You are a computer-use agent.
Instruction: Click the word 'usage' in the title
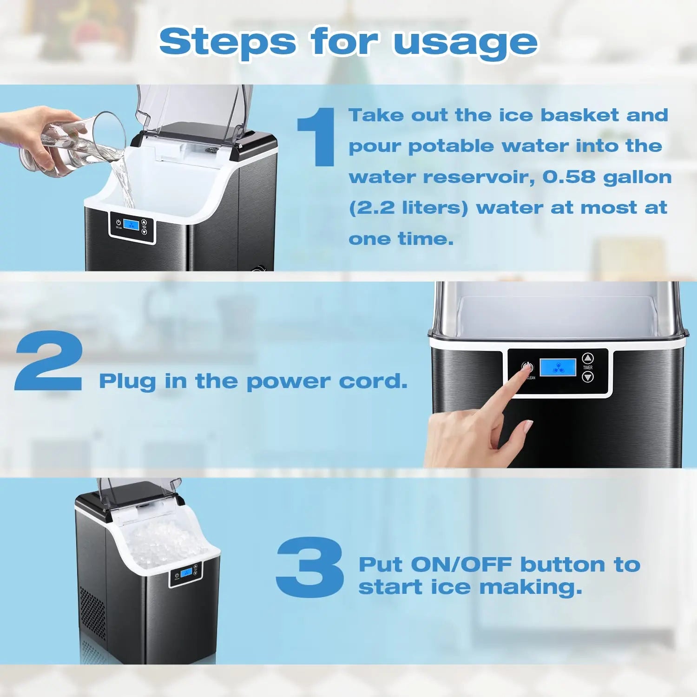[x=465, y=43]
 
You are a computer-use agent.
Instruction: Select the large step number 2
[x=49, y=361]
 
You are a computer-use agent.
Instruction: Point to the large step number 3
[x=309, y=566]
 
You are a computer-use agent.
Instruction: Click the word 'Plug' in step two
[x=127, y=382]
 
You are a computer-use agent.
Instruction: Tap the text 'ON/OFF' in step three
[x=461, y=565]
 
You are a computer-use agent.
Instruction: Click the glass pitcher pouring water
[x=74, y=144]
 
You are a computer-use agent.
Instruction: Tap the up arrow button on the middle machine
[x=588, y=358]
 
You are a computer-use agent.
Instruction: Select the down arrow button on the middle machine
[x=588, y=377]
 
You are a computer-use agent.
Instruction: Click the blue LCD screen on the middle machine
[x=558, y=368]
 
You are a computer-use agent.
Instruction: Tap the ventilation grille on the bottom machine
[x=93, y=613]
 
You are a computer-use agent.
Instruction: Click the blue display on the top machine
[x=131, y=225]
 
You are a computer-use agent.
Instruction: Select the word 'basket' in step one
[x=579, y=115]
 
